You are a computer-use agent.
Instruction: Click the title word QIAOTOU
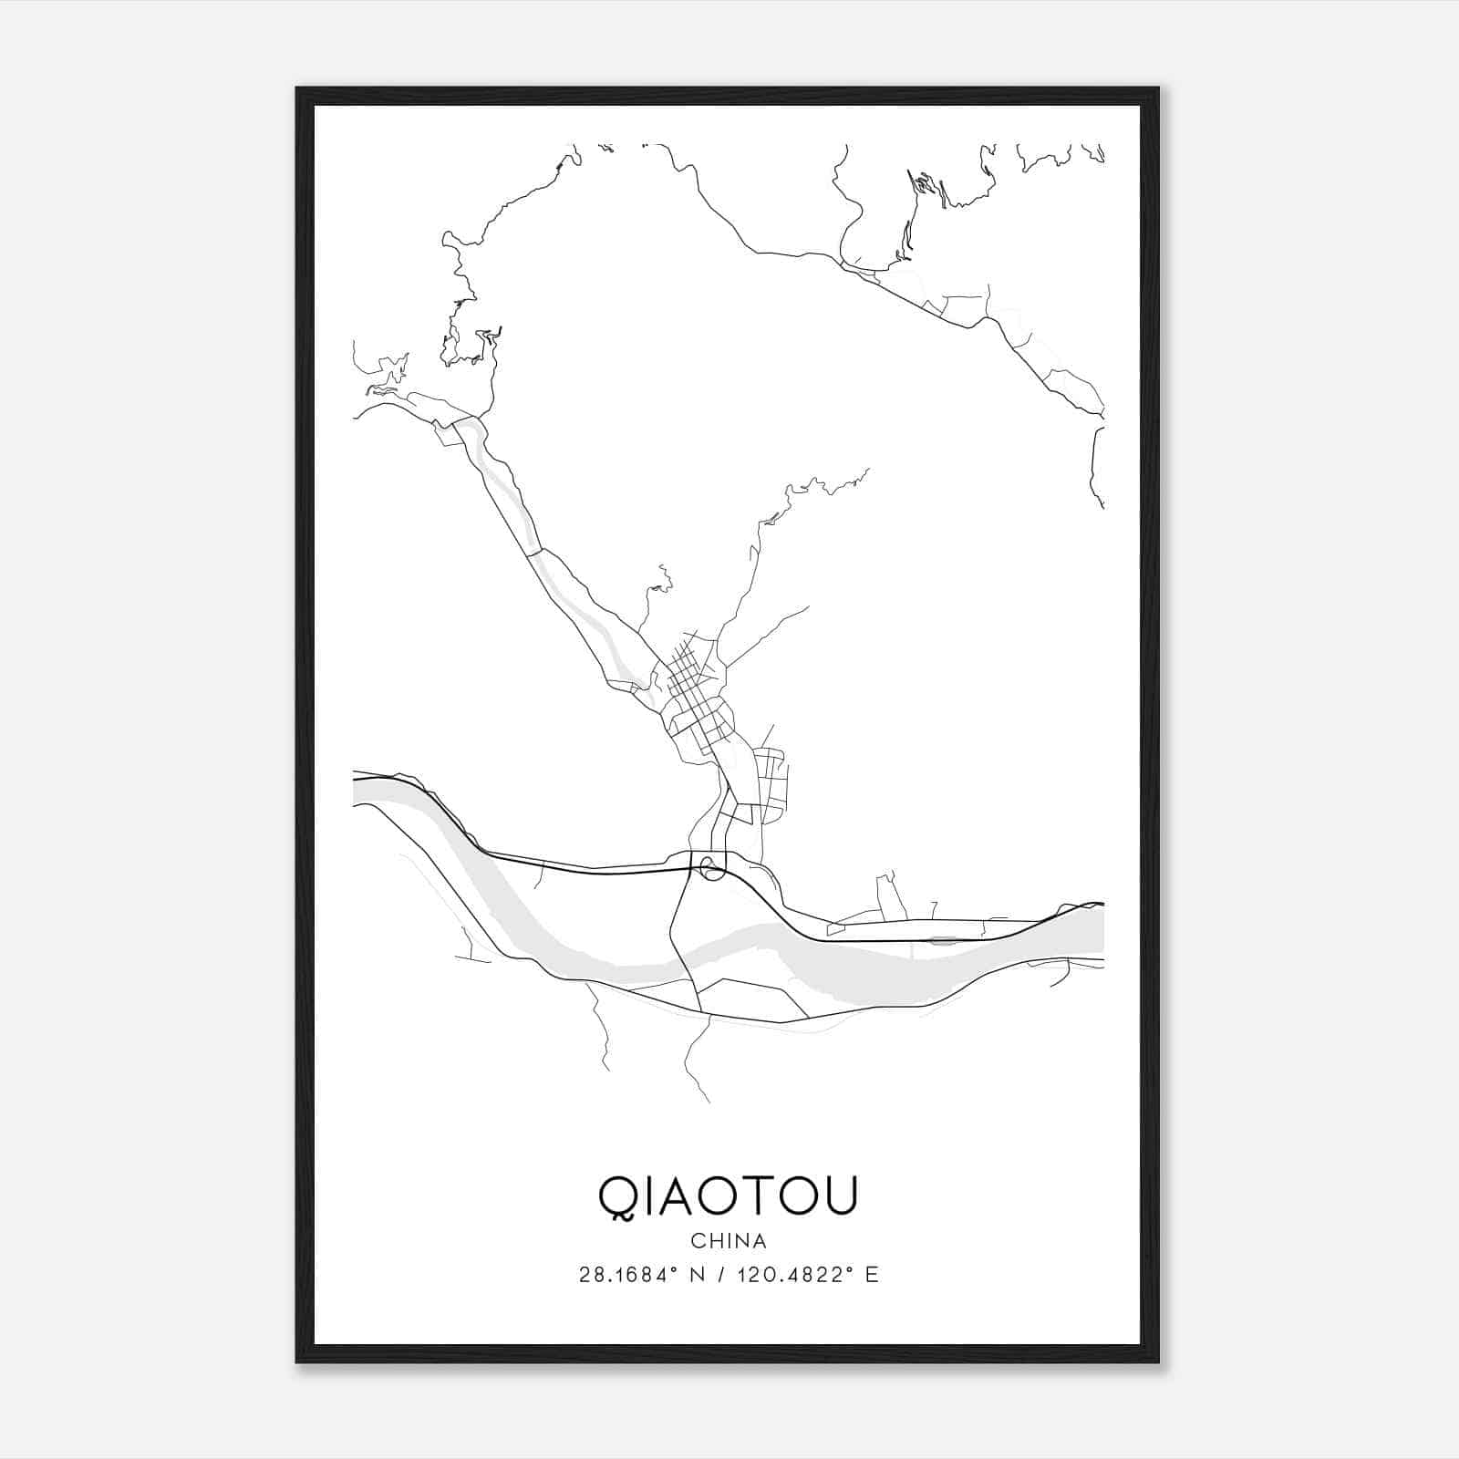(x=728, y=1197)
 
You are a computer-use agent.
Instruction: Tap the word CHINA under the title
(x=729, y=1241)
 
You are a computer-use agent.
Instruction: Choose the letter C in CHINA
(x=698, y=1241)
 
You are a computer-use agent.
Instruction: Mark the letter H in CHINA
(x=715, y=1241)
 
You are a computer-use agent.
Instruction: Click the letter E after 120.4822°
(x=873, y=1275)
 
